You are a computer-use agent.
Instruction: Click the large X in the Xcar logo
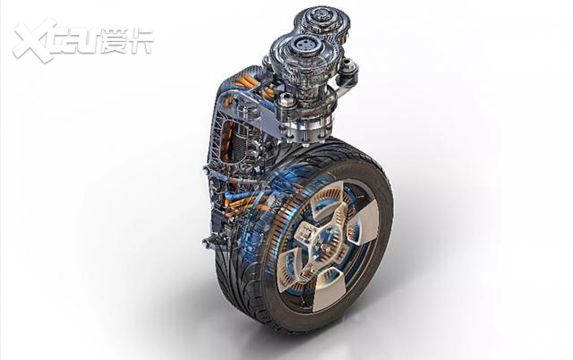click(35, 39)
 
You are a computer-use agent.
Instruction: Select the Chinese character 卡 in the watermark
click(141, 40)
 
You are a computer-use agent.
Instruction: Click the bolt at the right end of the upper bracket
click(350, 67)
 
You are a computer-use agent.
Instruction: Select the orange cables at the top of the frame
click(253, 87)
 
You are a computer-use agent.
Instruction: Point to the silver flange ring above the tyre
click(308, 131)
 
